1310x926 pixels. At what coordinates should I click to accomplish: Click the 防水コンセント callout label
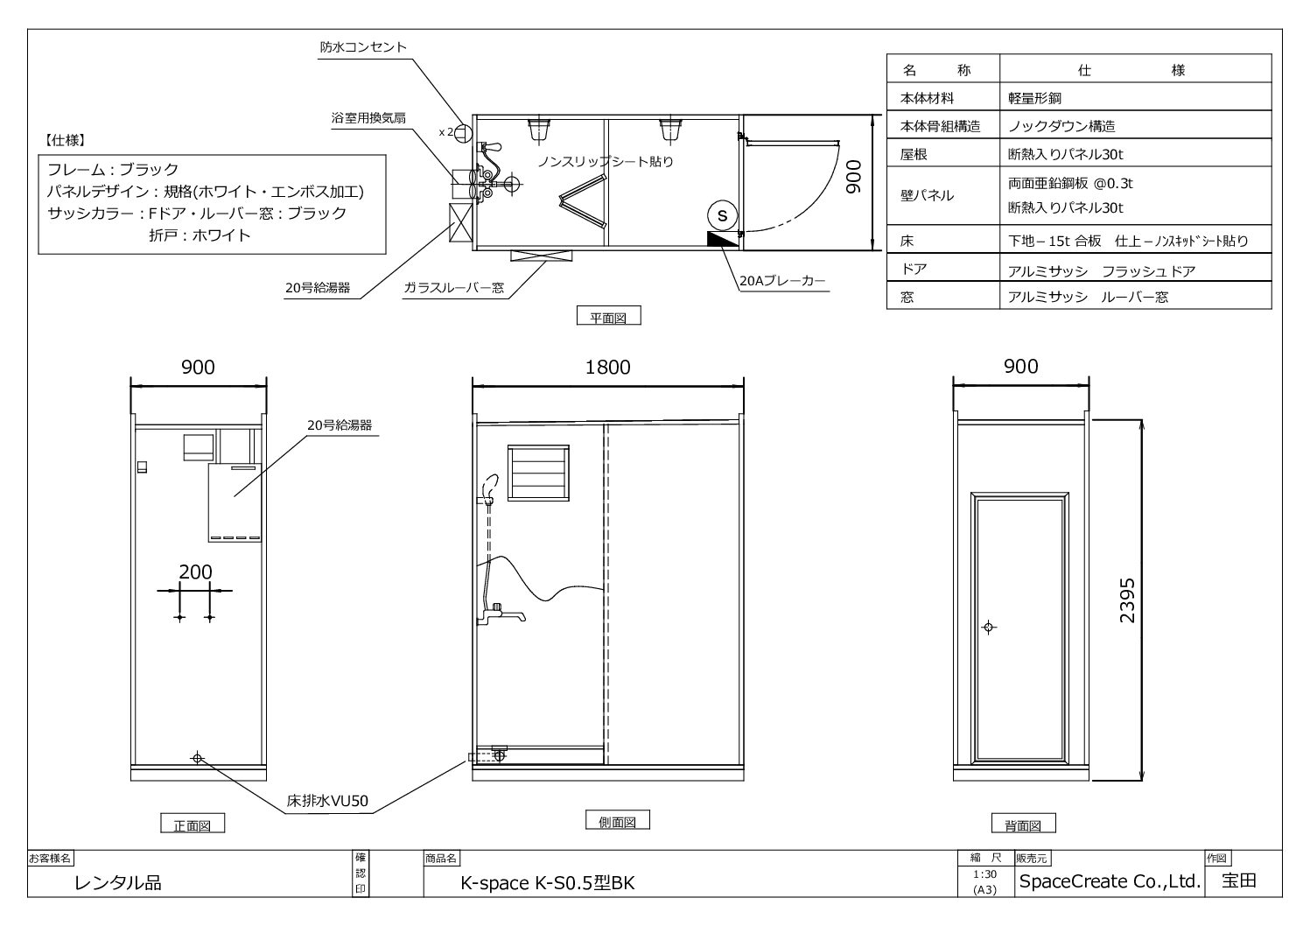coord(362,47)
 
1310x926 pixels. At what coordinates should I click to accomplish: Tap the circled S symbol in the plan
coord(722,214)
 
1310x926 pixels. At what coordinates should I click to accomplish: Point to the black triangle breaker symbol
coord(721,239)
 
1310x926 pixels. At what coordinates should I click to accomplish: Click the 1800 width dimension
coord(607,367)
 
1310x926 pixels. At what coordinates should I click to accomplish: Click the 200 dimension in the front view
coord(195,572)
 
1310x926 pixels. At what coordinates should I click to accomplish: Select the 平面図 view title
coord(608,317)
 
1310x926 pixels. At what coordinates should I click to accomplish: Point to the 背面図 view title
coord(1023,824)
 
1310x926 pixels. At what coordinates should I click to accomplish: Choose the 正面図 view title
coord(192,824)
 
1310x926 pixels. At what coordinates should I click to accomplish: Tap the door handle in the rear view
coord(989,627)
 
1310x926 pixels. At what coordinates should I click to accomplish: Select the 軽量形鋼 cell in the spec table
coord(1034,99)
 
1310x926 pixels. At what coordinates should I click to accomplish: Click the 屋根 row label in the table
coord(914,155)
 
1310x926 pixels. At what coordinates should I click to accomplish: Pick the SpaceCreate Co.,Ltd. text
coord(1108,881)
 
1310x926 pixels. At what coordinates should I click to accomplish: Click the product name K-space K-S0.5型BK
coord(547,883)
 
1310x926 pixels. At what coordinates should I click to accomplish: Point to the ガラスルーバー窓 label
coord(453,287)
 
